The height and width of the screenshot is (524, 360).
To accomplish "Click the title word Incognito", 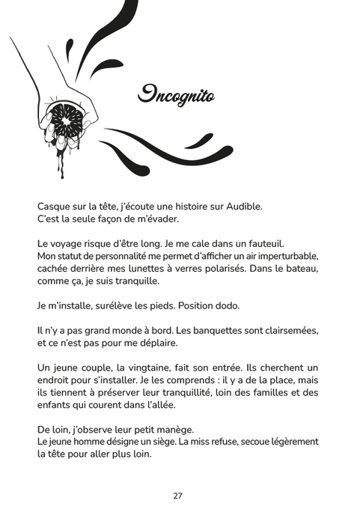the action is pos(176,95).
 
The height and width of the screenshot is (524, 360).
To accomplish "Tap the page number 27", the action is pos(178,496).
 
